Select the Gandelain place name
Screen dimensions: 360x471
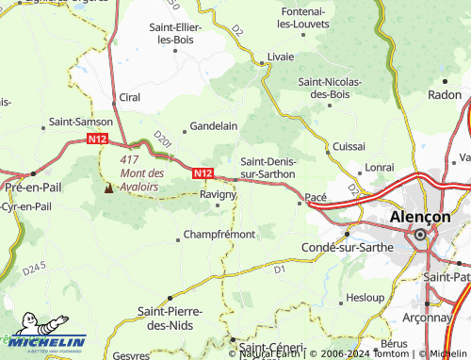click(214, 125)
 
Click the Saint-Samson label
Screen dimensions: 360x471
click(81, 122)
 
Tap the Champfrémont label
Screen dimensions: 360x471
click(219, 234)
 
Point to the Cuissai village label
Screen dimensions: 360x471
click(349, 147)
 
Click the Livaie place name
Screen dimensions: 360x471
click(281, 57)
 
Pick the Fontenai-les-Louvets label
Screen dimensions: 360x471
click(291, 16)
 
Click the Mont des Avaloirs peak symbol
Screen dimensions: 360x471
click(107, 188)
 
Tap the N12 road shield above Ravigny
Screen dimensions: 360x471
click(203, 173)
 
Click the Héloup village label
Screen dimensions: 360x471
click(365, 297)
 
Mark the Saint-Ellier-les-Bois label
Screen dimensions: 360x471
click(179, 33)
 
